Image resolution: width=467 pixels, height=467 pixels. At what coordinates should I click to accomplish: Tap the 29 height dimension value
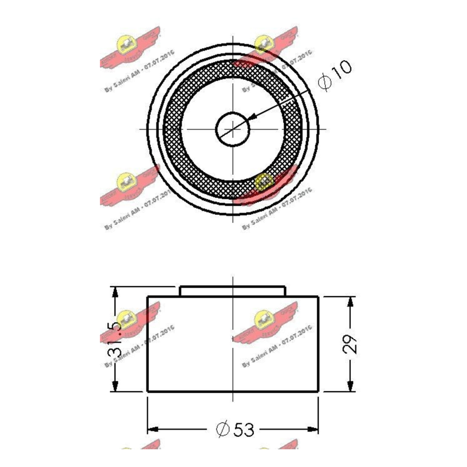click(350, 344)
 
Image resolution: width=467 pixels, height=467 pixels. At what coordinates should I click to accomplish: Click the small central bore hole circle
click(232, 128)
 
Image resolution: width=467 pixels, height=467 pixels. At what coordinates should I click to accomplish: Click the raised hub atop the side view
click(232, 291)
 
